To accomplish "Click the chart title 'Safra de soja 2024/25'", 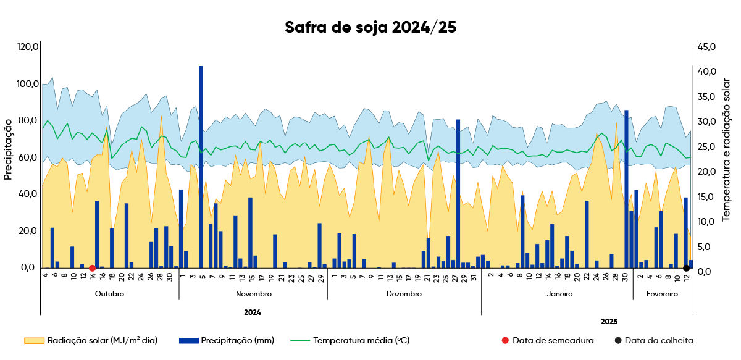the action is [x=371, y=27].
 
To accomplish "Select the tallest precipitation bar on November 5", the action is [x=201, y=167].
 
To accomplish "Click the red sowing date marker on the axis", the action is [x=92, y=268].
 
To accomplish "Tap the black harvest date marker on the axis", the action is [x=687, y=268].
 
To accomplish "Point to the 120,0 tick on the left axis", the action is [x=28, y=47].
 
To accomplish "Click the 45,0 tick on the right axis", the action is [x=706, y=47].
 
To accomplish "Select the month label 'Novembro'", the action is [x=254, y=294].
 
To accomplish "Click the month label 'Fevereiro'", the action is [x=662, y=294].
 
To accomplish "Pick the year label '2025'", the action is [x=609, y=322].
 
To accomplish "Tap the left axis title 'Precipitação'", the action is [x=8, y=149].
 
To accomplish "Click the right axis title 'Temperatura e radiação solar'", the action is [x=726, y=150].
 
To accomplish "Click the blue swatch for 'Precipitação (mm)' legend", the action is [x=189, y=340].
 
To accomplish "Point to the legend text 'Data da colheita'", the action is [x=659, y=340].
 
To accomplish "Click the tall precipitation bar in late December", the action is [x=458, y=193].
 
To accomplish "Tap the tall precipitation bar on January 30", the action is [x=626, y=189].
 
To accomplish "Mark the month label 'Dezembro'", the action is [x=404, y=294].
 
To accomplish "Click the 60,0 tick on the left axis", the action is [x=28, y=157].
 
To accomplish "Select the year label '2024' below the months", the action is [x=253, y=312].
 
